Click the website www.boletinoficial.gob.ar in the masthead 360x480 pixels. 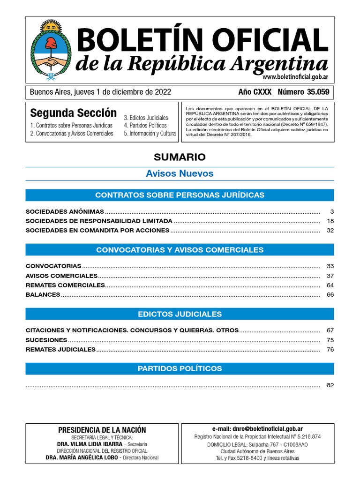click(295, 77)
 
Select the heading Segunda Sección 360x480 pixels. click(73, 113)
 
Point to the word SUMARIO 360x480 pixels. click(180, 157)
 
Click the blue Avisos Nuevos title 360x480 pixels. click(180, 173)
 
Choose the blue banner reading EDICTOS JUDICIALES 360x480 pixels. click(180, 314)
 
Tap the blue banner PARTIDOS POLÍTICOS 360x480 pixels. click(180, 368)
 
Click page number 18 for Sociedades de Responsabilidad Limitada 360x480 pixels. click(330, 221)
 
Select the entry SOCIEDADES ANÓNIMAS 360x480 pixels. click(65, 211)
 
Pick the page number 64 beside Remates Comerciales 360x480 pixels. click(330, 285)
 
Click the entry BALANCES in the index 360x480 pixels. click(43, 294)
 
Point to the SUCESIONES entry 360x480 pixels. click(46, 340)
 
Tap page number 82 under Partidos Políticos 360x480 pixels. click(330, 385)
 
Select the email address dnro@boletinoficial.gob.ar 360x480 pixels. click(257, 428)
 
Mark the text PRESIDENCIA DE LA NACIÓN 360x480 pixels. click(102, 430)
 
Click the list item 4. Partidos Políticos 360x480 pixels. click(145, 125)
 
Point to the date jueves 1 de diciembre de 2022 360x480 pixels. click(120, 92)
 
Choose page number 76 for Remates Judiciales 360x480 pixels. click(330, 349)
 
